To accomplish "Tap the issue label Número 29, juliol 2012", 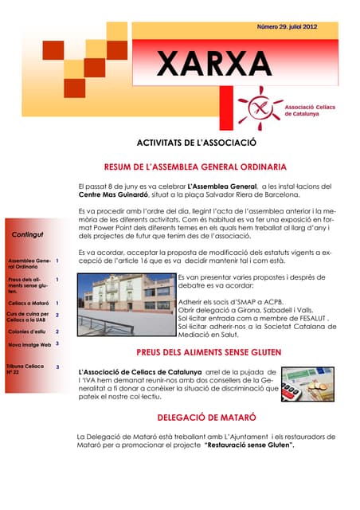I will (x=287, y=27).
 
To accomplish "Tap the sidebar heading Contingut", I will (x=29, y=234).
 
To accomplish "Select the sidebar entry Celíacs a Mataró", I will (x=28, y=304).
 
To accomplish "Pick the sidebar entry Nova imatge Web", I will (x=29, y=344).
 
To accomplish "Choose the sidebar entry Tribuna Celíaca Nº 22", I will (x=25, y=369).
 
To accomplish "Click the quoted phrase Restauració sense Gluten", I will (x=249, y=445).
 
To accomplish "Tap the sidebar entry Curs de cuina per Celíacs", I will (x=28, y=316).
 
